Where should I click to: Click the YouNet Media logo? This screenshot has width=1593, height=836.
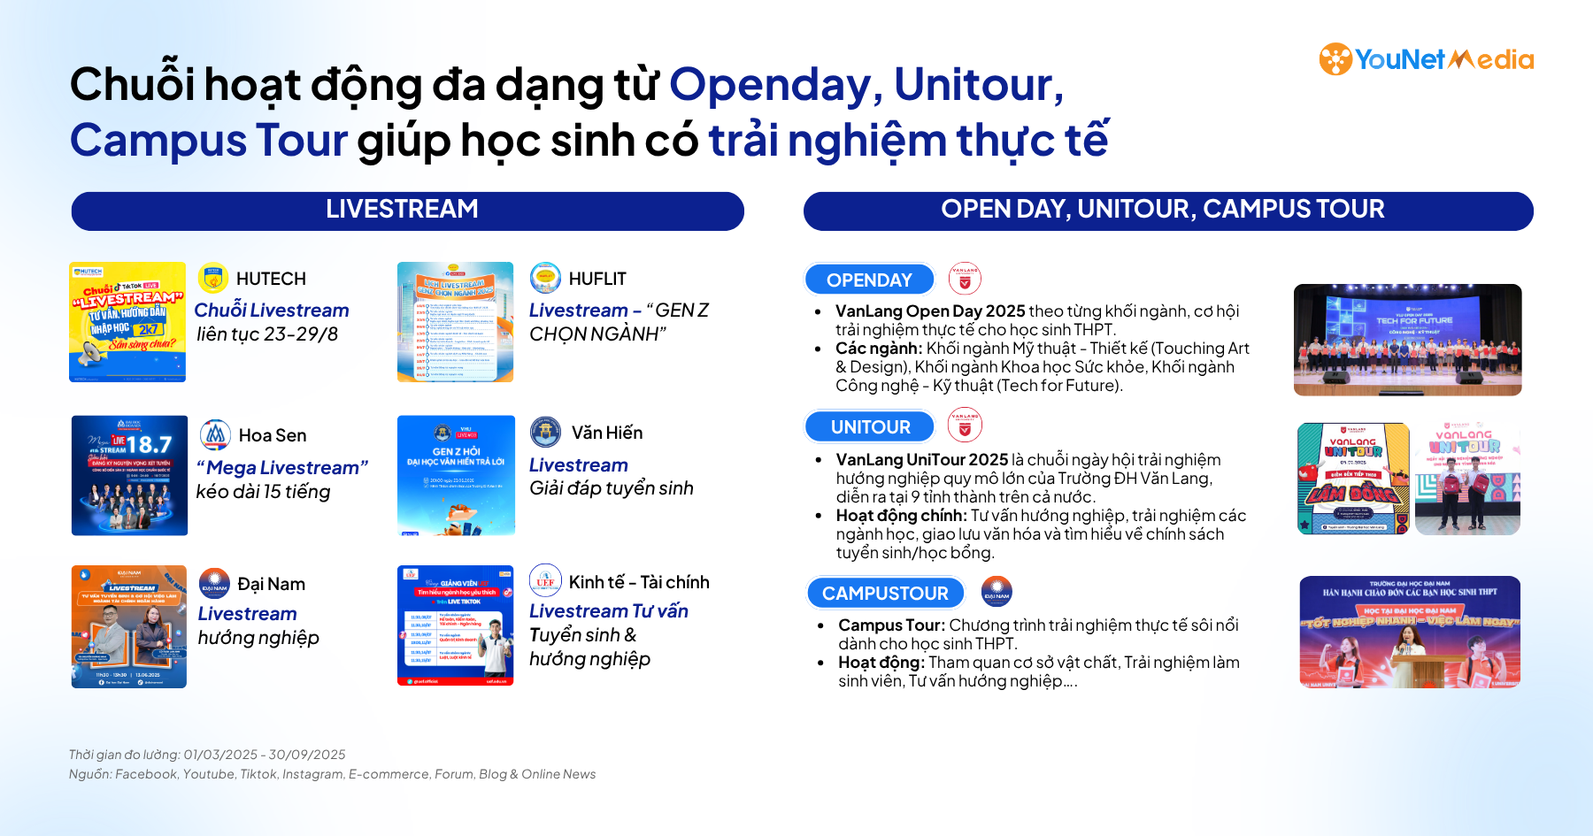[1426, 59]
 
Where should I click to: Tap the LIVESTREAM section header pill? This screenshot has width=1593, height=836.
[407, 211]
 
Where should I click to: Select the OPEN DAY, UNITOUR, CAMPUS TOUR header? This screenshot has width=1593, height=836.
[1167, 211]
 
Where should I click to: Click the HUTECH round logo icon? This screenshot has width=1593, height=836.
[213, 278]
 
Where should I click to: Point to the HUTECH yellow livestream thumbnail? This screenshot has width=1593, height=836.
[127, 322]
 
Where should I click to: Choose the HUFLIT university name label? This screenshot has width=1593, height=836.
[597, 279]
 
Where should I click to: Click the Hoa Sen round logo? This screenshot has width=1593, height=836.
[215, 435]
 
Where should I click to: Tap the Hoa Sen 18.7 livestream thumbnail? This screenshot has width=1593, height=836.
[129, 475]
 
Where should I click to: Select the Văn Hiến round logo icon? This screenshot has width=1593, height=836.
[545, 433]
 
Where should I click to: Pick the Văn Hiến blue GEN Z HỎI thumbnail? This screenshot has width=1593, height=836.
[456, 475]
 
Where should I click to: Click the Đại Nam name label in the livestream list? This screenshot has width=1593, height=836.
[271, 584]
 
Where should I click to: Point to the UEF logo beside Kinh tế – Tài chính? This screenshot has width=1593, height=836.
[545, 580]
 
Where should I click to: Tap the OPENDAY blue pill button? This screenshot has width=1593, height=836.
[869, 280]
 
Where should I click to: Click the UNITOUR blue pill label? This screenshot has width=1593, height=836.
[870, 426]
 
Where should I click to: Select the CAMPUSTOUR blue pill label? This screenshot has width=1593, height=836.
[885, 593]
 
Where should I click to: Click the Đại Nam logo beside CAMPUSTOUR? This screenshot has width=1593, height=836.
[997, 591]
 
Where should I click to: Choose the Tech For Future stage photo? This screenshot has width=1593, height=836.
[1407, 340]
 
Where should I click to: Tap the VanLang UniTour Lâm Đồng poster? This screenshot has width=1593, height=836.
[1353, 479]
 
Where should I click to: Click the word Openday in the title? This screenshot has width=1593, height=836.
[770, 85]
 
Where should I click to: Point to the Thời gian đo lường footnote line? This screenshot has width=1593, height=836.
[207, 755]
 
